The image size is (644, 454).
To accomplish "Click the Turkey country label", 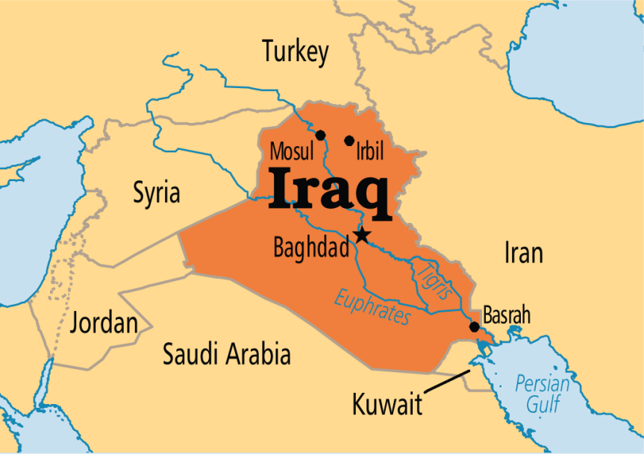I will [x=295, y=52].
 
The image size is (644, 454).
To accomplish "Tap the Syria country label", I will [x=157, y=192].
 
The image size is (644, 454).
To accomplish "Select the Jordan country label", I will [x=104, y=324].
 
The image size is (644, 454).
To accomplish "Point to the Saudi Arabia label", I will [x=227, y=353].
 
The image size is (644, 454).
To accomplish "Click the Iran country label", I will [x=523, y=253].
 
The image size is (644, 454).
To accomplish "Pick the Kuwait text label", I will [x=387, y=406].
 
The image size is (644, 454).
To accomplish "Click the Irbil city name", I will [x=369, y=153].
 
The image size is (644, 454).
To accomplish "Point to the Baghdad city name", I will [x=311, y=247].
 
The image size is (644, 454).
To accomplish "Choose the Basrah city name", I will [x=507, y=315].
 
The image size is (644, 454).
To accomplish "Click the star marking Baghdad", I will [x=362, y=236].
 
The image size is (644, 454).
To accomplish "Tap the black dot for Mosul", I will [x=321, y=135].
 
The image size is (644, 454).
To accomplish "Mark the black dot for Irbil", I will [x=349, y=140].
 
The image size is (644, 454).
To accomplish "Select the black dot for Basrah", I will [x=474, y=327].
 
